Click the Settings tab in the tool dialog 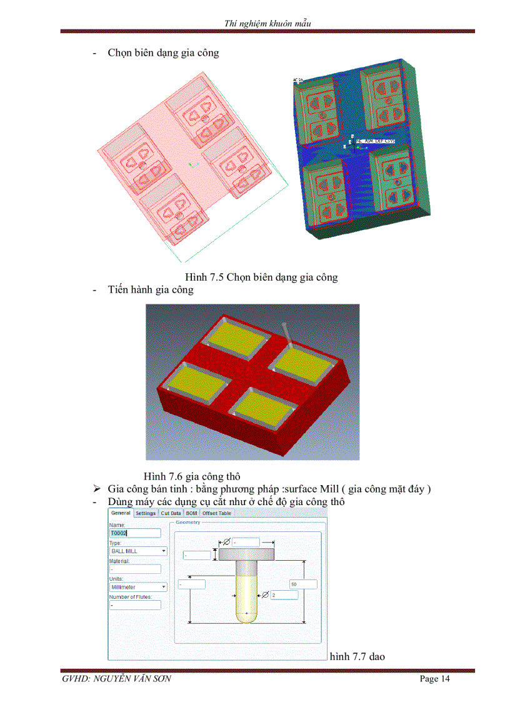click(146, 513)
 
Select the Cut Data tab click(171, 513)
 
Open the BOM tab click(191, 513)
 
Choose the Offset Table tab click(216, 513)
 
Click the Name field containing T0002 click(135, 533)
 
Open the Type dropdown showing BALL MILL click(138, 551)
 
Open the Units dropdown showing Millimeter click(138, 587)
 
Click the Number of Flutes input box click(135, 605)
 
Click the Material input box click(135, 569)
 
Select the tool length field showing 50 click(303, 584)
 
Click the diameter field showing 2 click(284, 595)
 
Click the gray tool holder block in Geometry click(247, 553)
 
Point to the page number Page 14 click(434, 679)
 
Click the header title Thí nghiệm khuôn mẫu click(267, 24)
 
